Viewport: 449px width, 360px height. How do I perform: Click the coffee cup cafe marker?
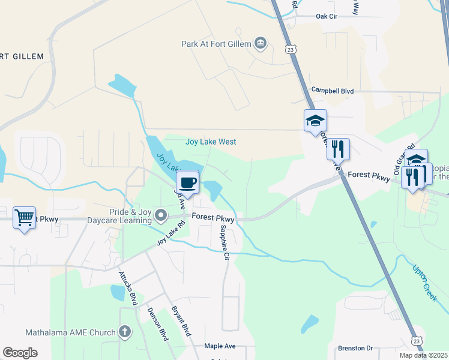[188, 182]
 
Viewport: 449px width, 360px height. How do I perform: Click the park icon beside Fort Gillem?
[261, 43]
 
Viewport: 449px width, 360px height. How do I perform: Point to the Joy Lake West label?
[211, 142]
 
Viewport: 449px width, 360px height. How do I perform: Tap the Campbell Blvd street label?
[332, 91]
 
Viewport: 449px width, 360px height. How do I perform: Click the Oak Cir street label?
[327, 17]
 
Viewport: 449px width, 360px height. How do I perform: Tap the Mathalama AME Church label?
[71, 332]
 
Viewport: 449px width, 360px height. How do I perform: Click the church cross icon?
[125, 332]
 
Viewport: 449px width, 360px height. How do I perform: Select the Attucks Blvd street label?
[128, 288]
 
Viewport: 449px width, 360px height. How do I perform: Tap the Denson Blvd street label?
[158, 325]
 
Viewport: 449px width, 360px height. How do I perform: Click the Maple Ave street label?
[220, 346]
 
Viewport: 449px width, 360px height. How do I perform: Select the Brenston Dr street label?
[355, 348]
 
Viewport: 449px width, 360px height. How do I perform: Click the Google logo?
[20, 353]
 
